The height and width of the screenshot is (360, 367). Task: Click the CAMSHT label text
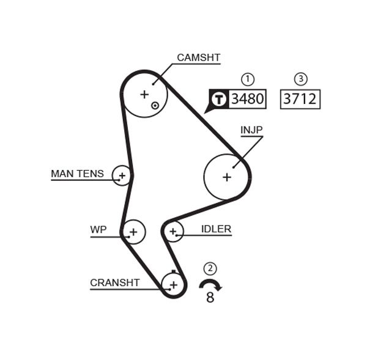198,58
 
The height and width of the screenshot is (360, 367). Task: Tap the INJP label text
251,130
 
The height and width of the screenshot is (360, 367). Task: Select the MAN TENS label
77,174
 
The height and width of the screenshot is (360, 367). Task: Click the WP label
98,230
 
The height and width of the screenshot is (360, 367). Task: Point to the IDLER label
216,230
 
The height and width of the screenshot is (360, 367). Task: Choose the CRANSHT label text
114,283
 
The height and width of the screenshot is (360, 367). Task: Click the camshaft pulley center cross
144,94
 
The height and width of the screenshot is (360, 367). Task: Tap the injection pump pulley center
227,177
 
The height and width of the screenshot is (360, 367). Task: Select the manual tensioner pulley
122,176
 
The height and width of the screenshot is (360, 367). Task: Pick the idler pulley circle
173,231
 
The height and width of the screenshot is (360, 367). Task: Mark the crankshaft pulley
173,284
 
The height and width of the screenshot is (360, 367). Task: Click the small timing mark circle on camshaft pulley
155,105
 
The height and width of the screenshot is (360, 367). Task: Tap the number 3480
247,98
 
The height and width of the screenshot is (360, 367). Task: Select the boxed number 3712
300,98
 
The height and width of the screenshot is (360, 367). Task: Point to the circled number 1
247,79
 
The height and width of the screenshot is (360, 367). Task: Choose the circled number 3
300,79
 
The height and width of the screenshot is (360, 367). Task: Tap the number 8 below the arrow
210,298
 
